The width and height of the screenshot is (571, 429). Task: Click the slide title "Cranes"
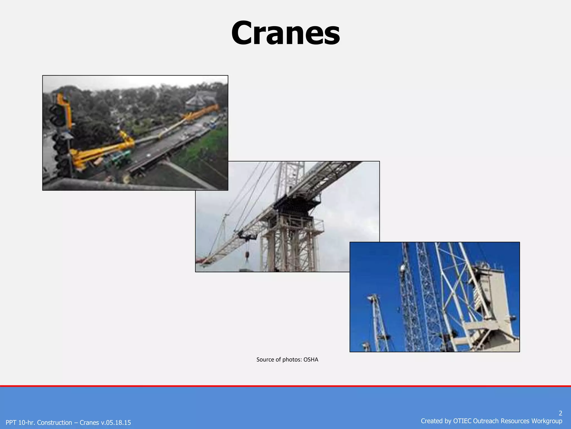click(285, 33)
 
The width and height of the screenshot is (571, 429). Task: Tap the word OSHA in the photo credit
click(311, 360)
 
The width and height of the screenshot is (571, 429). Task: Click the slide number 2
click(560, 413)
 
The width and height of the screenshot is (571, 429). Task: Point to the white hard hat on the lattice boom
click(402, 268)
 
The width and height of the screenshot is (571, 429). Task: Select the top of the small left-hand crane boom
click(372, 297)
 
